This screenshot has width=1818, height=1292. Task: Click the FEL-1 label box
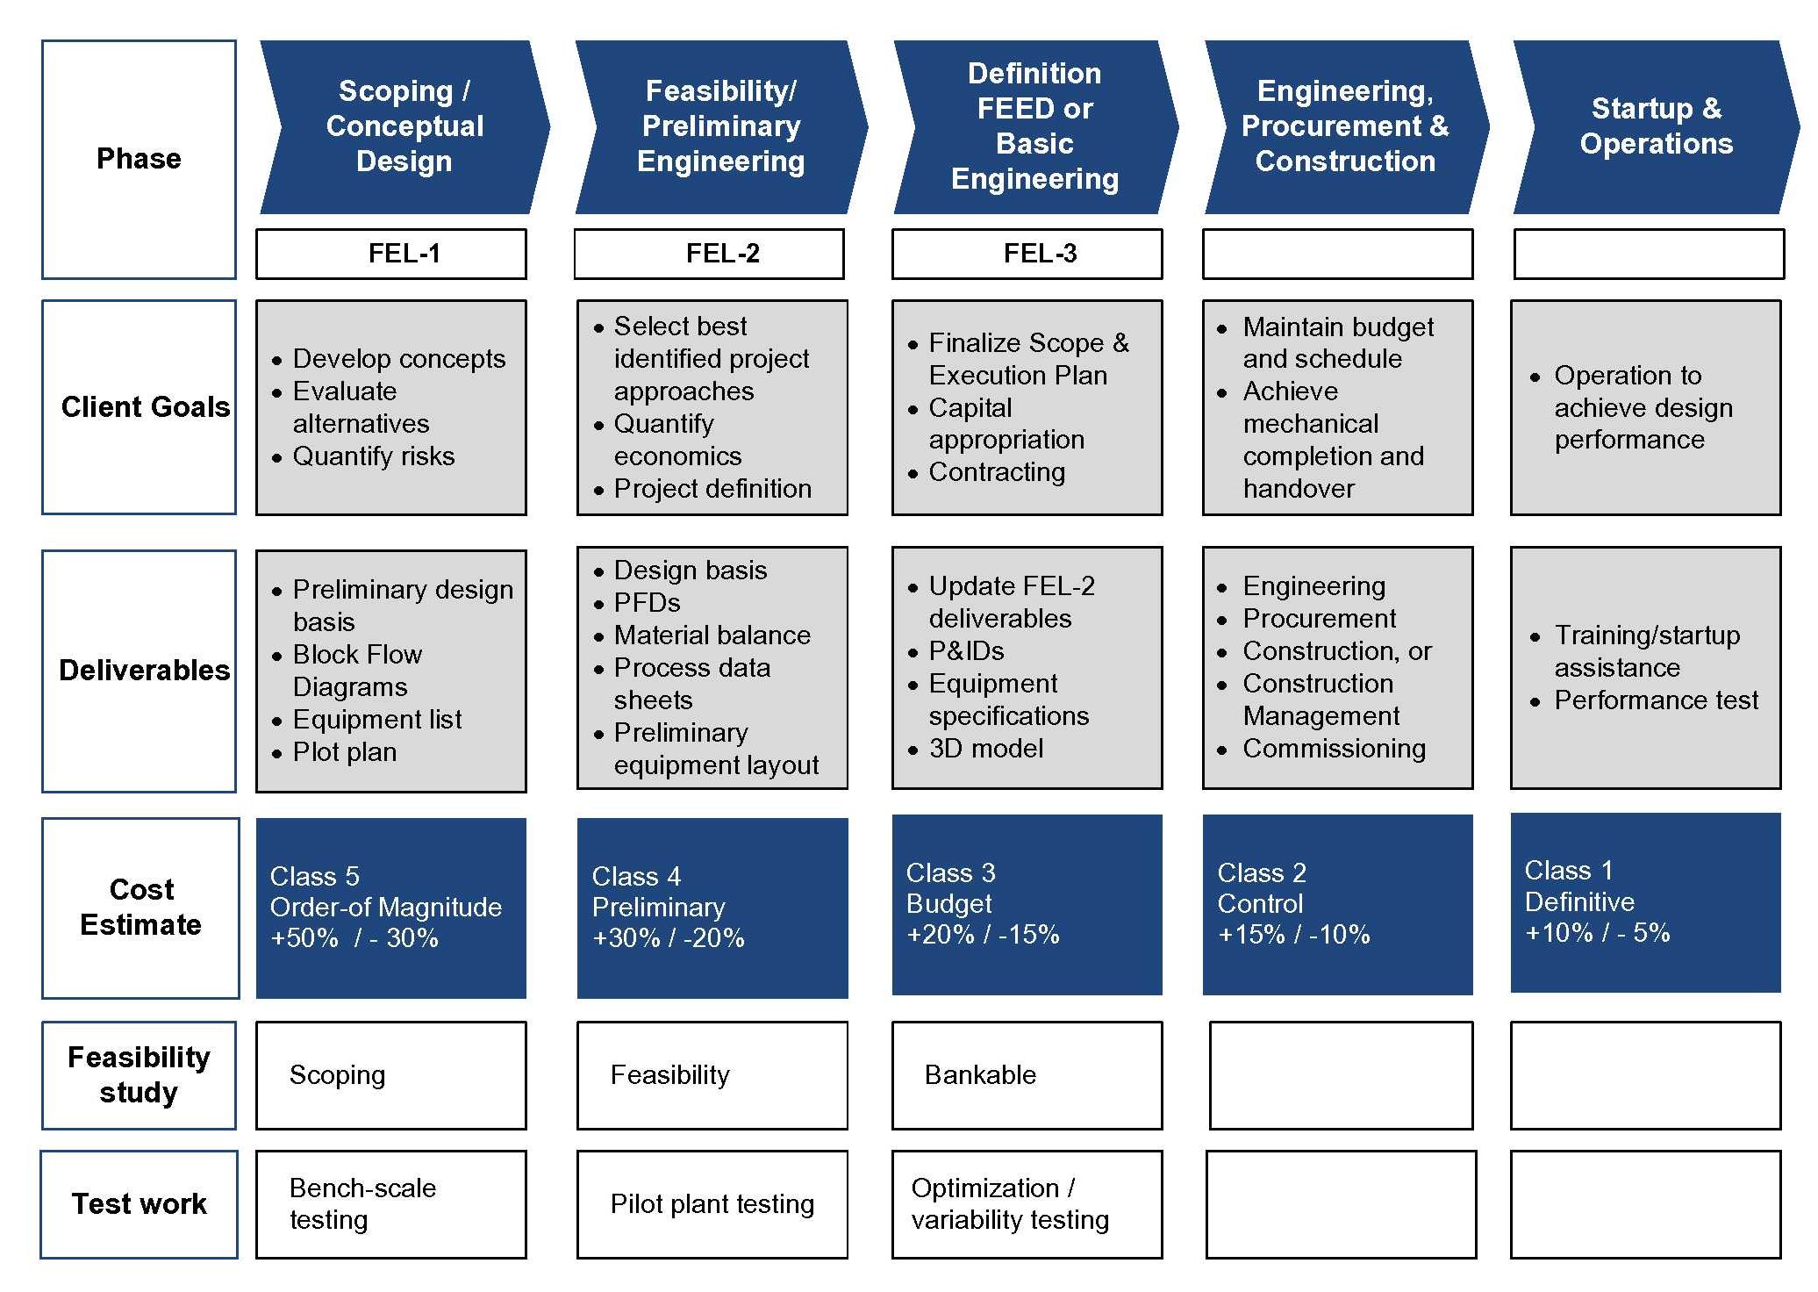tap(391, 254)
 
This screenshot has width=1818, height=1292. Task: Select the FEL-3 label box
tap(1027, 254)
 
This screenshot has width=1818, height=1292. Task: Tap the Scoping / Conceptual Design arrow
tap(404, 126)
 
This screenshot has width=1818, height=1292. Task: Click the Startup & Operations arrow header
tap(1656, 126)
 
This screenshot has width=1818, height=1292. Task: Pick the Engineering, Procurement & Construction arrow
tap(1346, 126)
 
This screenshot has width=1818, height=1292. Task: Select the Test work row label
tap(140, 1204)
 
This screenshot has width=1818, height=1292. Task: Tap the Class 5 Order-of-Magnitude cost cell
tap(391, 908)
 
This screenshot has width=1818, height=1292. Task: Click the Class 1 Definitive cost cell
tap(1646, 903)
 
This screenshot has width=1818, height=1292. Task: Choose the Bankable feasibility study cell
tap(1027, 1075)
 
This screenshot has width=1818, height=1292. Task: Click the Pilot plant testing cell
tap(712, 1204)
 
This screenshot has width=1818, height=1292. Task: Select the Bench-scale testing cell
tap(391, 1204)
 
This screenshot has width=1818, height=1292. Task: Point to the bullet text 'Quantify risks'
tap(374, 456)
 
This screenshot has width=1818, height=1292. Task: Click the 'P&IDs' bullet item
tap(966, 651)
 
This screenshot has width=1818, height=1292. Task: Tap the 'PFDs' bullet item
tap(648, 603)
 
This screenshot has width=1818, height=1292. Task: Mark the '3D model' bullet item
tap(986, 749)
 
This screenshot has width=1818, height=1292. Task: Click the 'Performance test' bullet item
tap(1657, 700)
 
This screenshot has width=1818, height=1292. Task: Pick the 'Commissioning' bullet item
tap(1335, 749)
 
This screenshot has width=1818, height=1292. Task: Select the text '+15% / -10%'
tap(1294, 935)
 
